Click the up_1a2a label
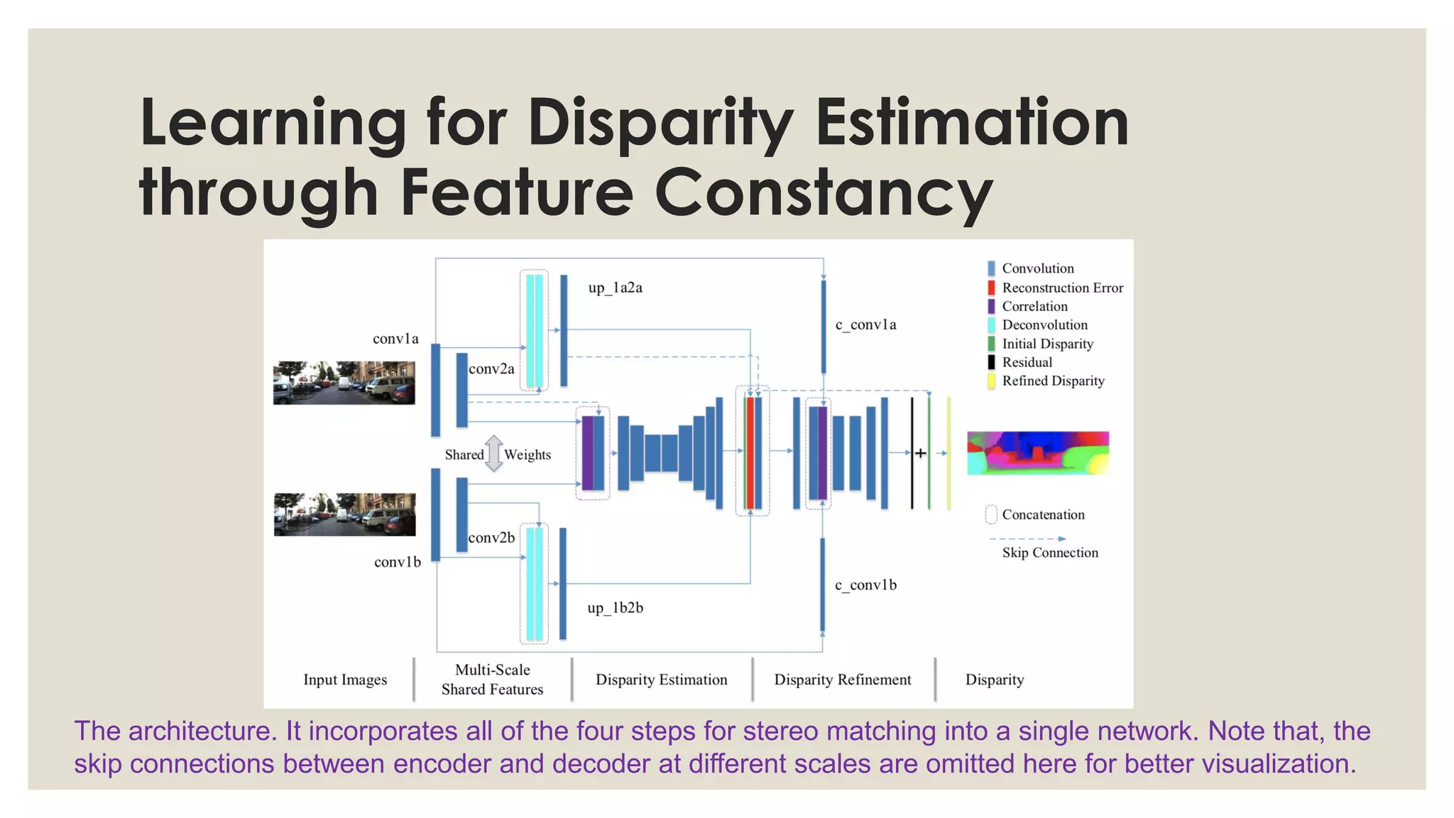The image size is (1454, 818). click(615, 288)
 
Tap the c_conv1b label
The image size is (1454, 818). click(865, 585)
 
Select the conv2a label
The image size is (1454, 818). click(491, 369)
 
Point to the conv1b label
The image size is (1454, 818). click(398, 562)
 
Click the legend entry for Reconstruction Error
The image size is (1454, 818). click(1062, 288)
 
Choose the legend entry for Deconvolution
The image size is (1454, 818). click(1044, 325)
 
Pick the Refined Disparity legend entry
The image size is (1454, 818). click(1053, 381)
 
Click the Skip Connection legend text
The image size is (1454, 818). click(1050, 552)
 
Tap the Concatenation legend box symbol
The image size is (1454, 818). click(991, 515)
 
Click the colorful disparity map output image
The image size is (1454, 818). click(1037, 453)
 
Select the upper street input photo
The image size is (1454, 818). click(344, 383)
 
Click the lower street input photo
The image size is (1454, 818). click(344, 515)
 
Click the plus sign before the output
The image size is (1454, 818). click(920, 453)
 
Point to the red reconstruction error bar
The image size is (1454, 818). click(750, 453)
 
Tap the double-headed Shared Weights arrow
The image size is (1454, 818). click(494, 454)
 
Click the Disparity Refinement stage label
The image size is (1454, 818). click(842, 680)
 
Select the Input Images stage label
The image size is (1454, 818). click(345, 680)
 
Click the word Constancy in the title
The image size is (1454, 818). click(824, 192)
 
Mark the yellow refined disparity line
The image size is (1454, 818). click(949, 453)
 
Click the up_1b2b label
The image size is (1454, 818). click(615, 608)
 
